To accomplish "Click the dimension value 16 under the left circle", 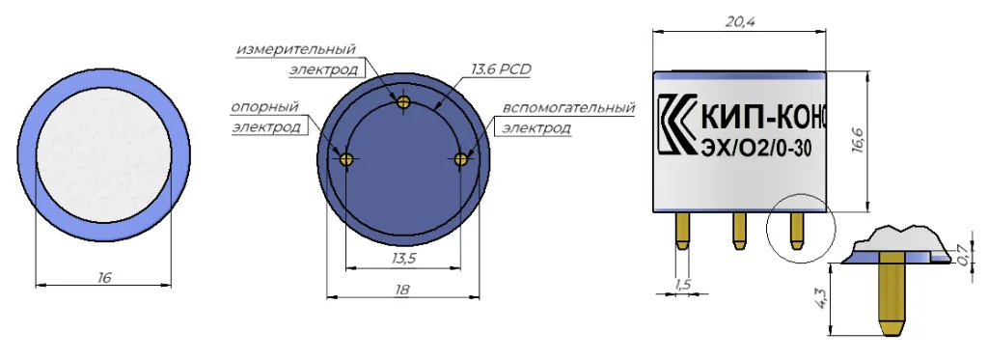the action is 104,277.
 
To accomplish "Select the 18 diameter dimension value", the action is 402,290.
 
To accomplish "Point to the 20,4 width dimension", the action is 740,21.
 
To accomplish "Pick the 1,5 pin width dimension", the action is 683,285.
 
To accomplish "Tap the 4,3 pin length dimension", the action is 820,295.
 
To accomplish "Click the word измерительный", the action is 296,48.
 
